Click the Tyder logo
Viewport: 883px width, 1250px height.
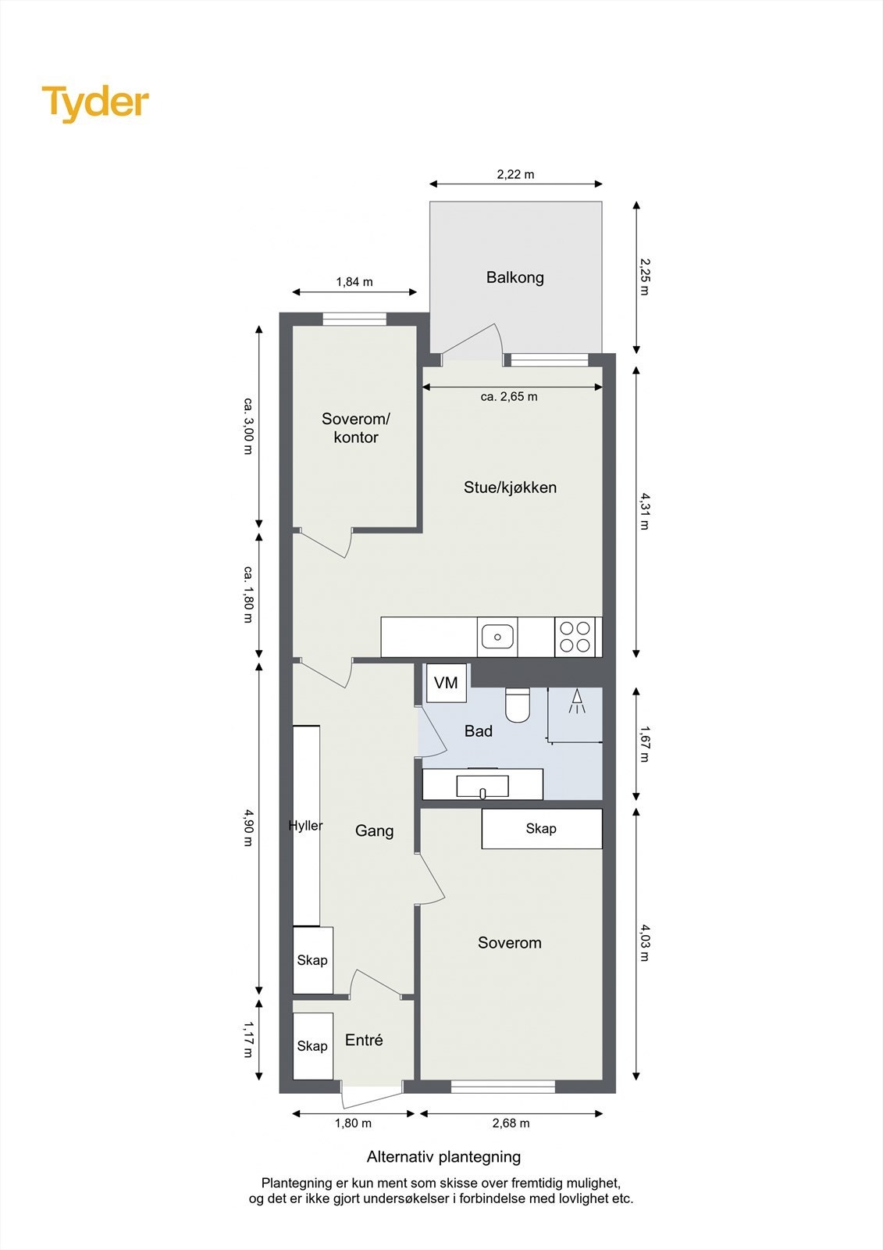[95, 103]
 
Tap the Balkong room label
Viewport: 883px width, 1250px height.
[514, 277]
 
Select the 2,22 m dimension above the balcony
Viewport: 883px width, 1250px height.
[515, 174]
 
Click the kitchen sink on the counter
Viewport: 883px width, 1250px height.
[497, 637]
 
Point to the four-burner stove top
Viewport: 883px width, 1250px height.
[575, 637]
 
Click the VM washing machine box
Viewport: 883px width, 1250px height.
[446, 683]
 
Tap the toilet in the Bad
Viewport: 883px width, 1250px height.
[517, 705]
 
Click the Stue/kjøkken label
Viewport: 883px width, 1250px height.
[510, 487]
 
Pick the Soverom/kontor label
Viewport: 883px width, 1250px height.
[355, 428]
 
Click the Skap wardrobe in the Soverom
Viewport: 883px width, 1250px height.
[541, 829]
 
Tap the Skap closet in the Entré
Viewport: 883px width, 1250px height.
[312, 1046]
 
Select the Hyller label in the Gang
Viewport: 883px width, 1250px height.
[305, 826]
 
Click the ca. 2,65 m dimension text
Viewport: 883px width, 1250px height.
[509, 397]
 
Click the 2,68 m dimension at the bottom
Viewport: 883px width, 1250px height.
[511, 1123]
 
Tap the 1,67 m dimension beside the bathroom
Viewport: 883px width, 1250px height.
[645, 744]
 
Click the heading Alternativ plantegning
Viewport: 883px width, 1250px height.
[443, 1157]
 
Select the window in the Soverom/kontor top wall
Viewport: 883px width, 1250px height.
[354, 319]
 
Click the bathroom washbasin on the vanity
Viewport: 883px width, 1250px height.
[482, 786]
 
